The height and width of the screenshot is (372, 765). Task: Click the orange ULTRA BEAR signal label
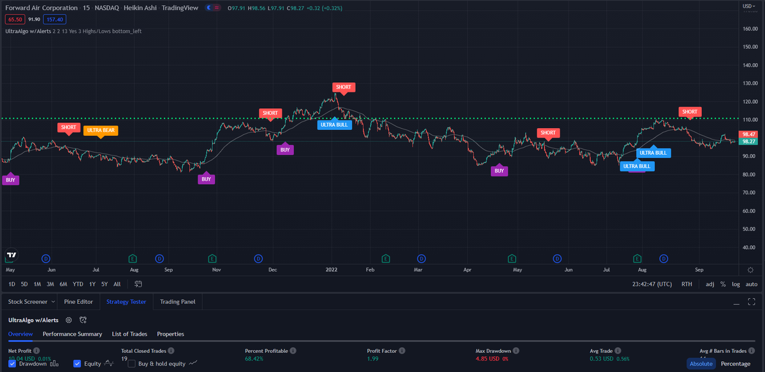click(101, 130)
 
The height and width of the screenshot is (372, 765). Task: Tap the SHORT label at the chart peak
click(343, 87)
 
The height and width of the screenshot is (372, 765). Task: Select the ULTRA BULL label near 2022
click(334, 125)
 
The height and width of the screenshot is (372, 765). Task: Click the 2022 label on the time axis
click(331, 269)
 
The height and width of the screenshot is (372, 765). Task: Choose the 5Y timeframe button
click(105, 284)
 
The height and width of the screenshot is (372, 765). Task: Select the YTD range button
click(78, 284)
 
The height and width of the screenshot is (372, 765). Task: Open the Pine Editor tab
click(78, 301)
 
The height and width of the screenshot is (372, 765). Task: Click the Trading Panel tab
click(178, 301)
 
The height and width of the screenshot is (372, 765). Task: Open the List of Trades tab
click(129, 334)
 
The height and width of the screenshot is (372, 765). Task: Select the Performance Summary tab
click(72, 334)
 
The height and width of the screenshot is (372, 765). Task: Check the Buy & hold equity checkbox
click(132, 364)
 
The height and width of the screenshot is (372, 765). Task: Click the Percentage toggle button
click(735, 364)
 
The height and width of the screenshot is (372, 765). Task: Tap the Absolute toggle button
click(701, 364)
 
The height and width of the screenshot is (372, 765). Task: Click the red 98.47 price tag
click(749, 134)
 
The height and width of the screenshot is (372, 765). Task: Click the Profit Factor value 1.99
click(373, 359)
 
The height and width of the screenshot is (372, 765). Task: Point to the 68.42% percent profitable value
click(254, 359)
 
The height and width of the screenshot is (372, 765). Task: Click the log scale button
click(736, 284)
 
